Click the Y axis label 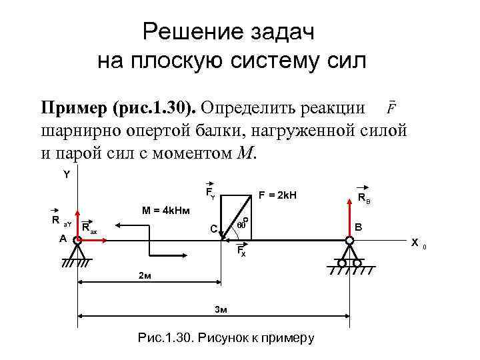[67, 175]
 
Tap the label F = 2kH [277, 196]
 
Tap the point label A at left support [62, 238]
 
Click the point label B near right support [359, 227]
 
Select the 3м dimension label [220, 309]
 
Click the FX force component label [242, 252]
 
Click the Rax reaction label [89, 229]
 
